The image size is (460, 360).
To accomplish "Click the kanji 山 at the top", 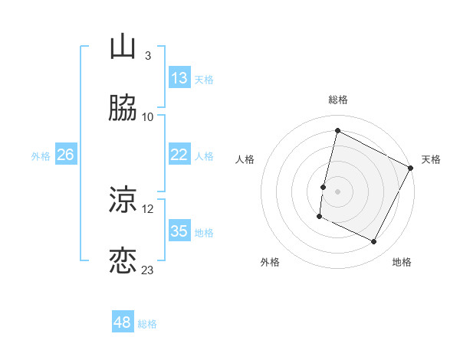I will pyautogui.click(x=123, y=47).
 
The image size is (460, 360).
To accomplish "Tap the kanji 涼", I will pyautogui.click(x=123, y=201).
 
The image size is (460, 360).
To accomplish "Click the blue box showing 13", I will pyautogui.click(x=179, y=78).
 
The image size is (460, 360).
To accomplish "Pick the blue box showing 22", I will pyautogui.click(x=179, y=155).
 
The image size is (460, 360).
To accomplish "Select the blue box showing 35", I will pyautogui.click(x=179, y=231).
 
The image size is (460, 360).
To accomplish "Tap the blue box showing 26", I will pyautogui.click(x=65, y=155).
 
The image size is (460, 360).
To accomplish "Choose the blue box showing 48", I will pyautogui.click(x=123, y=322).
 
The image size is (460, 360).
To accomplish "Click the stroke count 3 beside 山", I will pyautogui.click(x=148, y=56).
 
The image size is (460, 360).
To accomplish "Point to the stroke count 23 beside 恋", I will pyautogui.click(x=148, y=270).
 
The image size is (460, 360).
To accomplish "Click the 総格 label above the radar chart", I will pyautogui.click(x=338, y=100).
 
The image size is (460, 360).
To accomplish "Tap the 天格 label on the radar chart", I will pyautogui.click(x=431, y=159).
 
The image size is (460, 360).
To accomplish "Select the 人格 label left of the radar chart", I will pyautogui.click(x=245, y=159).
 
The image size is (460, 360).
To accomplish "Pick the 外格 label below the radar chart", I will pyautogui.click(x=270, y=262).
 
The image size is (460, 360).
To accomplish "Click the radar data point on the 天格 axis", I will pyautogui.click(x=411, y=168).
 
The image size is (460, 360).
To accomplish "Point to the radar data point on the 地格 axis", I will pyautogui.click(x=374, y=242).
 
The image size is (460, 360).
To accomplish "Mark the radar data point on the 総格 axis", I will pyautogui.click(x=338, y=131).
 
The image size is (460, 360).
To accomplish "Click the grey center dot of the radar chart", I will pyautogui.click(x=338, y=191).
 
